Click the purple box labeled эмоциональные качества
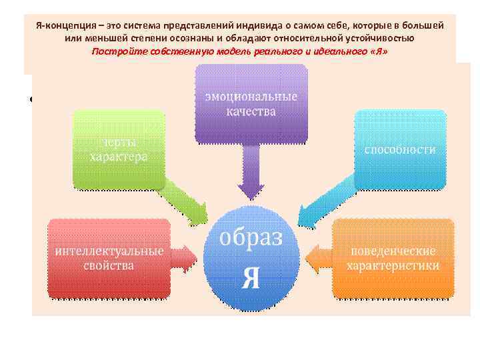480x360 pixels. [x=251, y=103]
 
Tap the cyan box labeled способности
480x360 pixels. [x=400, y=149]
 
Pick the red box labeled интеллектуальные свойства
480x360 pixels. [x=109, y=258]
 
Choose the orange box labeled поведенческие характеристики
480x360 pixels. [x=393, y=258]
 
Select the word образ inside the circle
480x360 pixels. [x=251, y=238]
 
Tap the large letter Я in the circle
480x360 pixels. [x=251, y=277]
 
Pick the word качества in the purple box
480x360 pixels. [x=251, y=111]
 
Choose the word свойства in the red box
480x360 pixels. [x=109, y=265]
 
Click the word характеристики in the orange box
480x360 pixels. [x=393, y=265]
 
